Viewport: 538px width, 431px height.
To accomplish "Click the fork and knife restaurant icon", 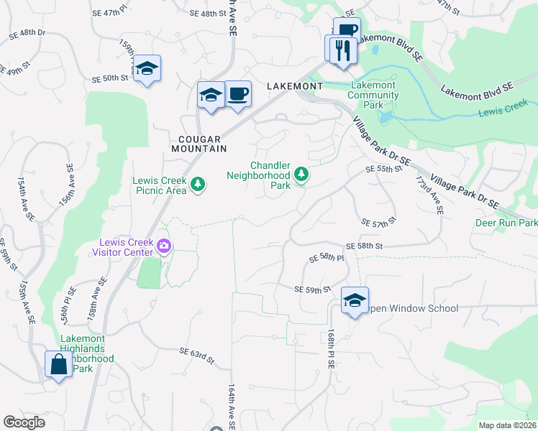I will click(340, 50).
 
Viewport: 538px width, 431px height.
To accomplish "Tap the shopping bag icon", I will click(58, 365).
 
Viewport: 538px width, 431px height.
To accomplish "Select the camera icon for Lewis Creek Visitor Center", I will click(164, 247).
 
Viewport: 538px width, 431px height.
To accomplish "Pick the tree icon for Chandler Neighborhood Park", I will click(301, 175).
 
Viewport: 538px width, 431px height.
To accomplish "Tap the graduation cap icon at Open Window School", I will click(355, 301).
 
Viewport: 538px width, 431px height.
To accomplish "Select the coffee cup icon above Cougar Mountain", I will click(237, 94).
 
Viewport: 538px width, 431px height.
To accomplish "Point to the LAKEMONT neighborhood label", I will click(294, 85).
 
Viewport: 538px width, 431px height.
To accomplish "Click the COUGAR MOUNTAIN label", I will click(199, 143).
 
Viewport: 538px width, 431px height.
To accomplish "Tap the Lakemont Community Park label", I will click(372, 94).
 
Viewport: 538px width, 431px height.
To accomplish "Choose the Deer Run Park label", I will click(506, 223).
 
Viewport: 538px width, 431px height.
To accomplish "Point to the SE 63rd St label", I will click(197, 353).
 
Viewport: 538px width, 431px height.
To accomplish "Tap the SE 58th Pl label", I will click(327, 257).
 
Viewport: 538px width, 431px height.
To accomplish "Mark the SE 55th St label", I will click(382, 169).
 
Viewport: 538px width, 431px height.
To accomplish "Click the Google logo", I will click(24, 422).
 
